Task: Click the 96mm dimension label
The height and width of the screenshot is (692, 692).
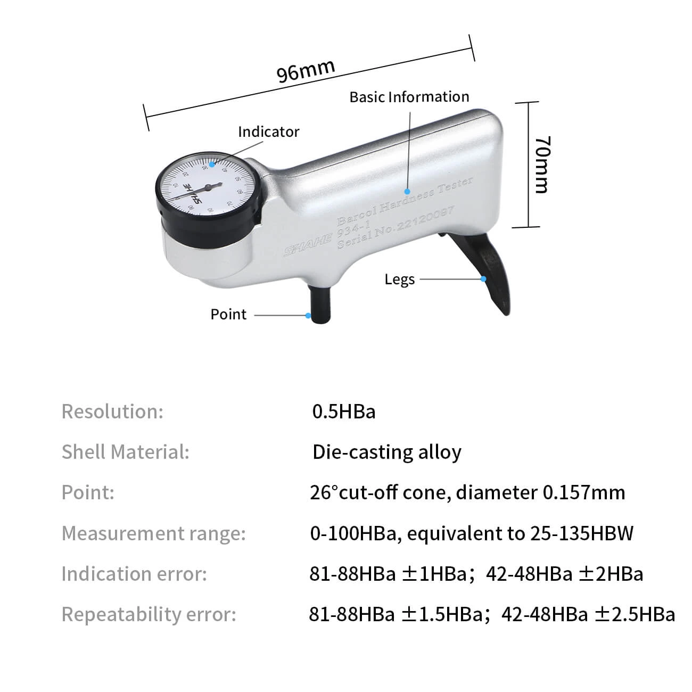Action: point(306,71)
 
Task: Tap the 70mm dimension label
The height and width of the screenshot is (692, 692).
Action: point(542,164)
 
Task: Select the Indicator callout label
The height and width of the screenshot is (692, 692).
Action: point(268,131)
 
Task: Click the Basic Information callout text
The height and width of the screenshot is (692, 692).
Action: point(409,97)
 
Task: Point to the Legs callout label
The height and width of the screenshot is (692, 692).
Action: point(399,279)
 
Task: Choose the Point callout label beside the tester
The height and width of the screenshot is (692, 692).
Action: point(228,314)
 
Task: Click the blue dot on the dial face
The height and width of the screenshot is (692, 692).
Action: point(212,164)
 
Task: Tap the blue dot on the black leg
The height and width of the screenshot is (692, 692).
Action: point(483,278)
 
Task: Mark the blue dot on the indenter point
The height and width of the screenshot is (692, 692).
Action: point(308,315)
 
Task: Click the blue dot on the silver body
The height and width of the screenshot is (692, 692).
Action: point(408,191)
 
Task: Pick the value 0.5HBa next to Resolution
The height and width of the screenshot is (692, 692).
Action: point(343,411)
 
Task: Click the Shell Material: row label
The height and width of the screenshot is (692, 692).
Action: point(126,452)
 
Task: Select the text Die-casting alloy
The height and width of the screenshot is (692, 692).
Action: point(386,452)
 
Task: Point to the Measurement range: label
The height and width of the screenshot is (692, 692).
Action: point(154,533)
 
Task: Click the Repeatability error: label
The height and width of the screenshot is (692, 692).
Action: point(149,614)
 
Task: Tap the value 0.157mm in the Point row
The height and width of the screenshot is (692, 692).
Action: point(583,492)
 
